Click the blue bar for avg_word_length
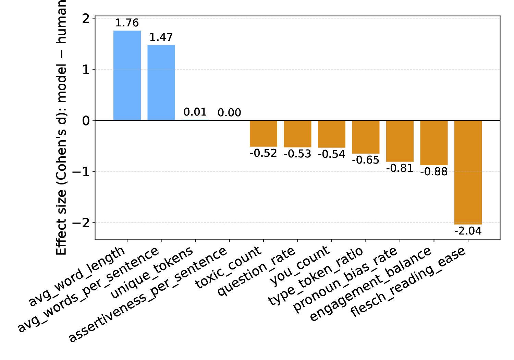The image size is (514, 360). [x=127, y=75]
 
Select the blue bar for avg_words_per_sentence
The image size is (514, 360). [x=161, y=83]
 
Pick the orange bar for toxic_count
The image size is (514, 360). [x=263, y=133]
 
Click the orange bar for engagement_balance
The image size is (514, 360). [x=434, y=143]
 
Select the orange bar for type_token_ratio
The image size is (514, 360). [x=366, y=137]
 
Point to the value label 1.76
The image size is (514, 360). [x=127, y=23]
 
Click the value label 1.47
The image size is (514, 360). [x=161, y=37]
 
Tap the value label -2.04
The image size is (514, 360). [x=468, y=231]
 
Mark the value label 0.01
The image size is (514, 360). [x=195, y=112]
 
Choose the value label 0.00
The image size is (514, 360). [x=229, y=113]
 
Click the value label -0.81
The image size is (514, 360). [x=400, y=168]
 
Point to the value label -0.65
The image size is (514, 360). [x=366, y=160]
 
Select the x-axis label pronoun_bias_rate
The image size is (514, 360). [x=346, y=279]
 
